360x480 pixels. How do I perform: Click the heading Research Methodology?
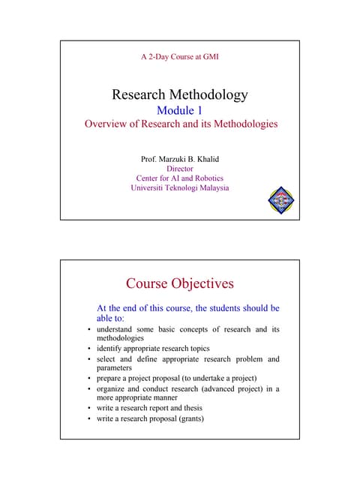[x=179, y=95]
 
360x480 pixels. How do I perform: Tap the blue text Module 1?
[x=179, y=111]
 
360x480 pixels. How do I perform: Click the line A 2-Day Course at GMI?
[x=179, y=56]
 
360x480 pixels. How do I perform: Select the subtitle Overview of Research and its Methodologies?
[x=179, y=124]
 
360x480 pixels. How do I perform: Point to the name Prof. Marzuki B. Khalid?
[x=179, y=159]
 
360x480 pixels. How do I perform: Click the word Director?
[x=179, y=169]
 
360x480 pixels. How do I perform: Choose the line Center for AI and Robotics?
[x=179, y=178]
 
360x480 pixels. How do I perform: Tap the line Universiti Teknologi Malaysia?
[x=179, y=188]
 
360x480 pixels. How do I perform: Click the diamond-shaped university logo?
[x=280, y=199]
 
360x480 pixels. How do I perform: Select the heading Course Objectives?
[x=179, y=283]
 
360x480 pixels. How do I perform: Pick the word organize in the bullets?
[x=114, y=388]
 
